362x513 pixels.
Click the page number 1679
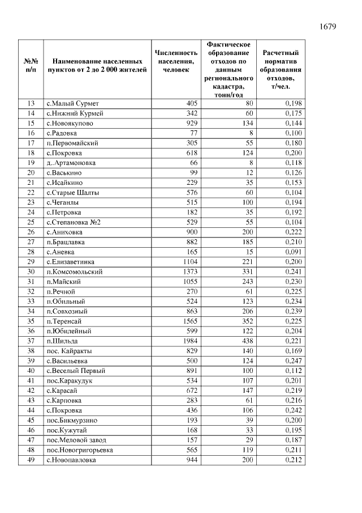click(328, 27)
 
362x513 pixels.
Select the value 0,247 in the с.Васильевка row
click(290, 361)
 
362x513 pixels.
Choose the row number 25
click(31, 222)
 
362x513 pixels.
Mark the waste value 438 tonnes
click(246, 341)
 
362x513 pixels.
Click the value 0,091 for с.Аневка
click(290, 252)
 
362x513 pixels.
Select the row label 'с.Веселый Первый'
click(76, 371)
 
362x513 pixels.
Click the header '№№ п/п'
click(31, 65)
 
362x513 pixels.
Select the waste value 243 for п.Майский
click(246, 282)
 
